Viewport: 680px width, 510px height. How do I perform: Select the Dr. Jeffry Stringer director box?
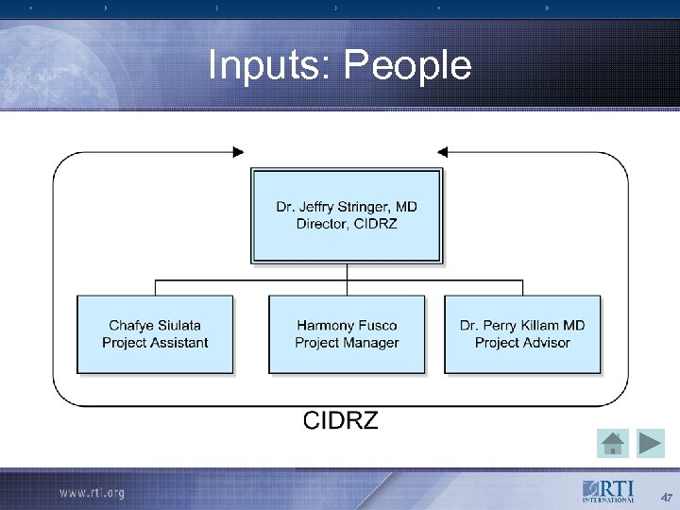click(347, 215)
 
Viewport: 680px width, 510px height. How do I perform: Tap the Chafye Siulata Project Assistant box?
click(155, 334)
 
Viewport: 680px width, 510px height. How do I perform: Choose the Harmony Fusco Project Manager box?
click(347, 334)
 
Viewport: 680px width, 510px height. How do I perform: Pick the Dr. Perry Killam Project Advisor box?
click(522, 334)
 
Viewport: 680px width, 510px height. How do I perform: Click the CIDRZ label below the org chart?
click(340, 420)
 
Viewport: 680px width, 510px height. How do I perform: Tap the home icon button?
click(614, 443)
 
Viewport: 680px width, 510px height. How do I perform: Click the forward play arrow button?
click(651, 443)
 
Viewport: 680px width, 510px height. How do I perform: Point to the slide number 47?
click(666, 498)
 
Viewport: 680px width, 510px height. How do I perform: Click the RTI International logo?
click(609, 492)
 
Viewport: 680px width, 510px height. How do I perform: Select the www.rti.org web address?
click(91, 493)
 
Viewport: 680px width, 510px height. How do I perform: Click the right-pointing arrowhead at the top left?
click(237, 151)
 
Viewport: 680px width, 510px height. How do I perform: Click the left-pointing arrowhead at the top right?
click(445, 151)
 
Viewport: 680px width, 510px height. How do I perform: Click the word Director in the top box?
click(322, 224)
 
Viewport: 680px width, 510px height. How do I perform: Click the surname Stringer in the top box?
click(364, 207)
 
